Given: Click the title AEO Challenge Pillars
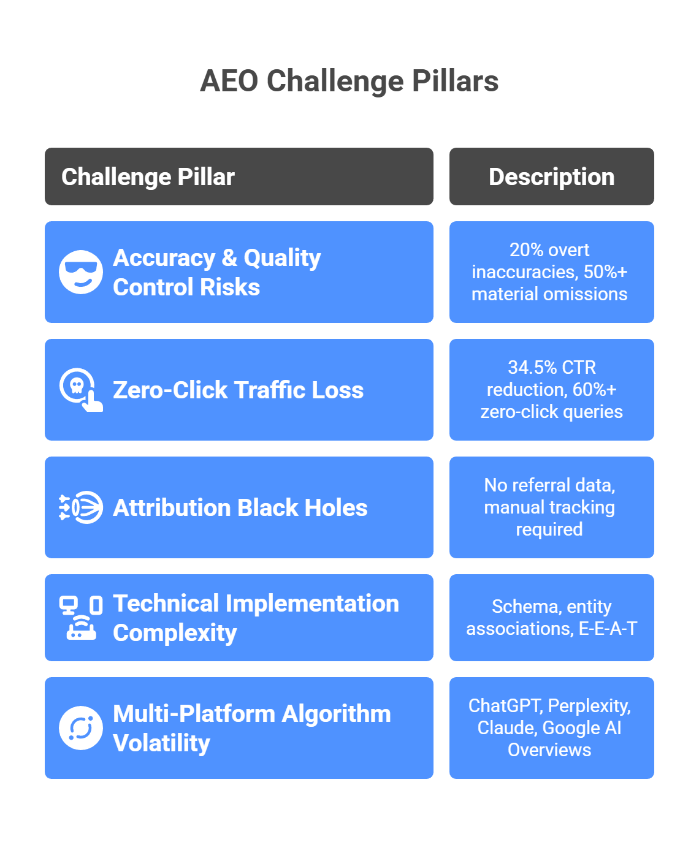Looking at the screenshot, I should point(349,81).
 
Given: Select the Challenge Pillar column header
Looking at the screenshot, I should point(148,176).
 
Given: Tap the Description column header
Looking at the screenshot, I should point(551,176).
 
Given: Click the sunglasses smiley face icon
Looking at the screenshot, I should point(81,272).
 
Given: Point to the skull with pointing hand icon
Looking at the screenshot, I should point(81,390).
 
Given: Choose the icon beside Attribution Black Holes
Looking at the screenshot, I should point(81,507).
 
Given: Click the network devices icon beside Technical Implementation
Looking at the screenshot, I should point(81,618).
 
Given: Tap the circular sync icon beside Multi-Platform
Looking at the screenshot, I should point(81,728).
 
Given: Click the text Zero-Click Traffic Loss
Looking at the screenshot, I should point(238,390).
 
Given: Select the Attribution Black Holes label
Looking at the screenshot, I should point(240,507).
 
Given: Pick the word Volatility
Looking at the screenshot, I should point(161,743).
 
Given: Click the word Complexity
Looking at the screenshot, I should point(175,632).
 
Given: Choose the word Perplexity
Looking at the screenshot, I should point(589,706).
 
